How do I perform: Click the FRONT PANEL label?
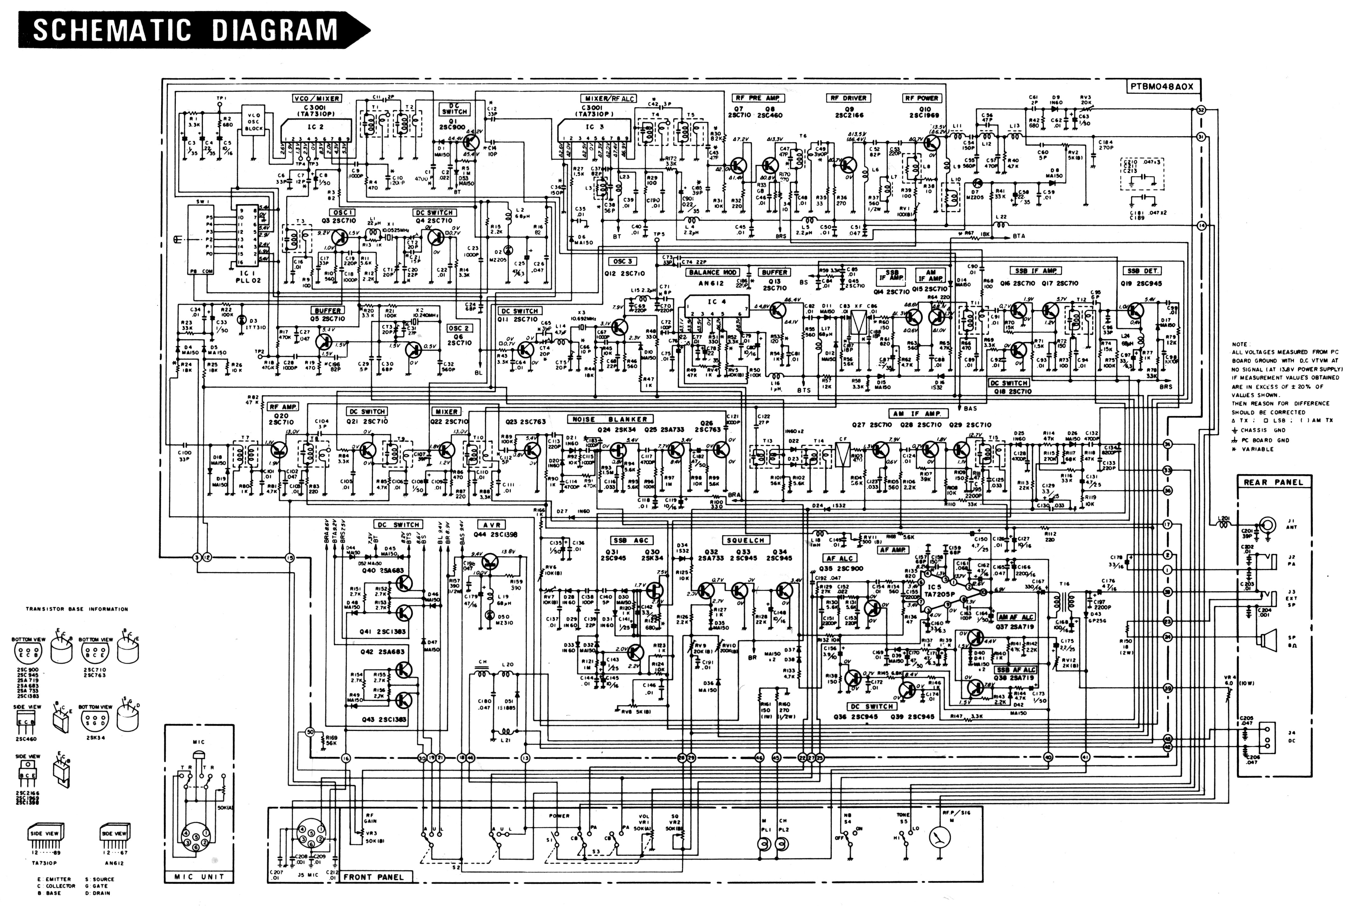point(374,876)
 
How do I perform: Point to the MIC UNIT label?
point(199,876)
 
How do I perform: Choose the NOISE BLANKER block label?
point(610,419)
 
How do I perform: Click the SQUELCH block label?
point(745,540)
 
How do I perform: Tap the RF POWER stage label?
point(922,98)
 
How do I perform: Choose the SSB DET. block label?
point(1142,270)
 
